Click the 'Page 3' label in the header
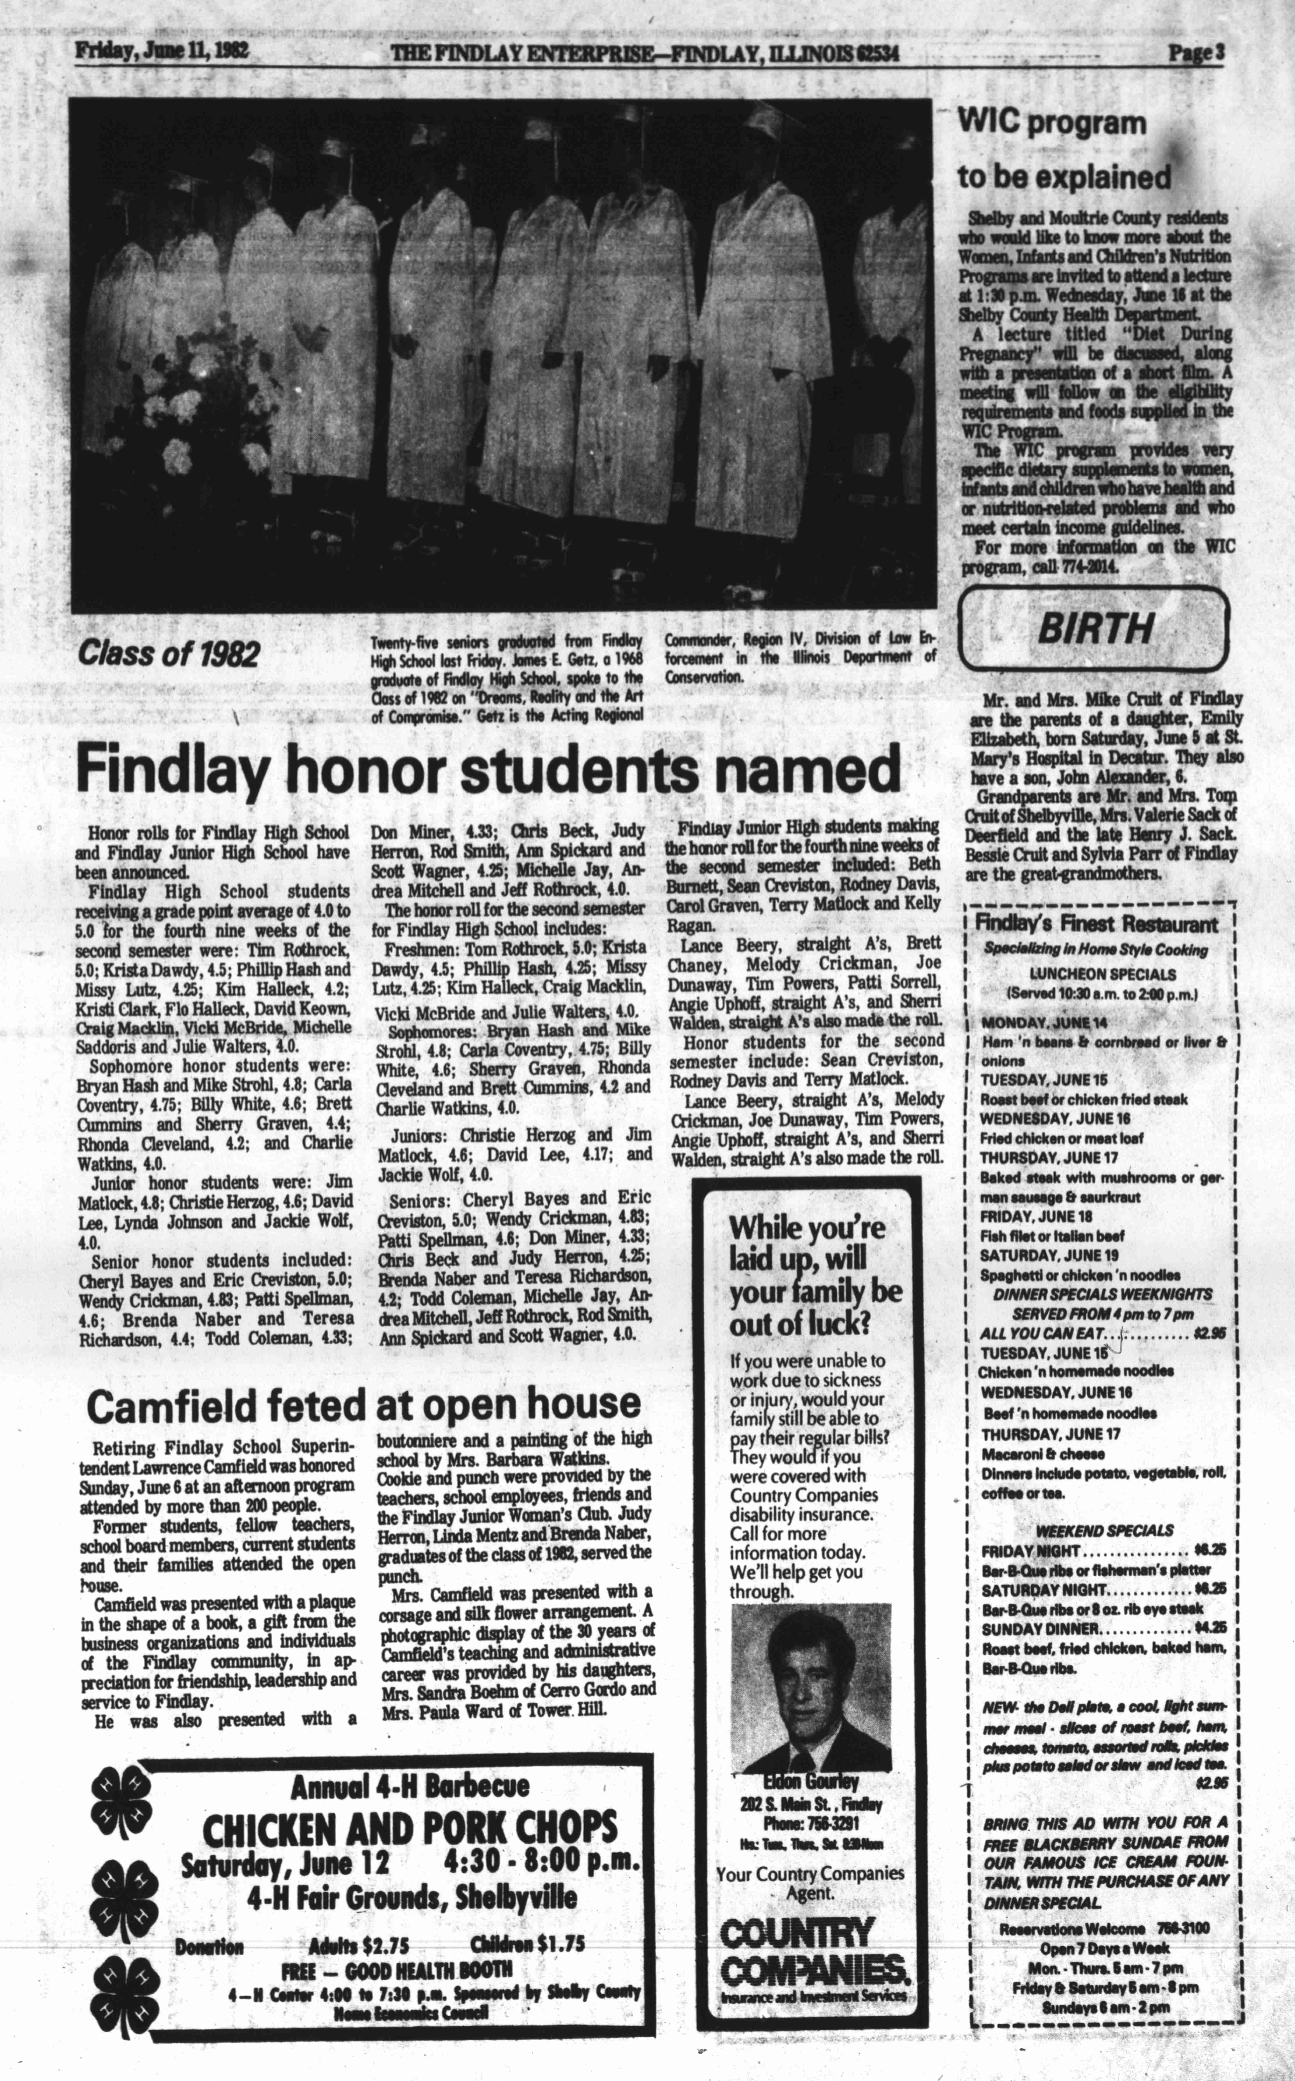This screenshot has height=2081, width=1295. tap(1197, 53)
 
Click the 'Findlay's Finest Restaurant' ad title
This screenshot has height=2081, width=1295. tap(1096, 924)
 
